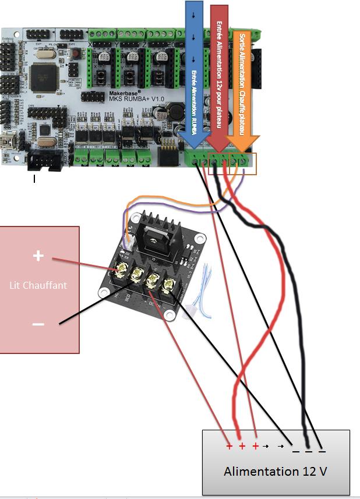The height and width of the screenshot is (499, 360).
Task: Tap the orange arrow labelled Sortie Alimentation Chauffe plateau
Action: [x=245, y=87]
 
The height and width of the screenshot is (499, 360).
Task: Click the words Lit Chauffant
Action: [x=38, y=285]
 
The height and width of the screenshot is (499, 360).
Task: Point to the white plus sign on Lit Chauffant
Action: [x=38, y=256]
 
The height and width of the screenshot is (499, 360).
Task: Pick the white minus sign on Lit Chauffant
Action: [x=38, y=324]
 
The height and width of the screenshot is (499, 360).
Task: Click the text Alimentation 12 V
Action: [x=275, y=471]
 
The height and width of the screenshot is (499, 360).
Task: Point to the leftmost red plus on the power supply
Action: [x=229, y=447]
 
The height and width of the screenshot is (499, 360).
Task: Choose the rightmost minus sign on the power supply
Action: [x=322, y=449]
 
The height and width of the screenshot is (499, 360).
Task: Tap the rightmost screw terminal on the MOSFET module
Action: [x=169, y=285]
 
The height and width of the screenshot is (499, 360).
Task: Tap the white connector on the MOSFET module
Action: [x=131, y=236]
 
